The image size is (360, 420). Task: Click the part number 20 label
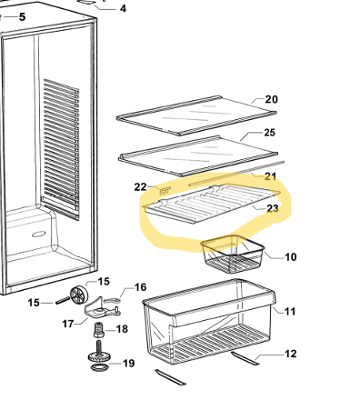(x=271, y=99)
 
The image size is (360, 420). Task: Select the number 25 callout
(x=269, y=133)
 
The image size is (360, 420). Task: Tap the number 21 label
(x=270, y=176)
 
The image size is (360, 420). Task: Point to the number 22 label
(x=140, y=187)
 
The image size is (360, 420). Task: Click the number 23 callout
(x=273, y=208)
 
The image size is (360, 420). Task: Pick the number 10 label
(x=291, y=257)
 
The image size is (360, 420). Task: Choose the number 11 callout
(x=290, y=312)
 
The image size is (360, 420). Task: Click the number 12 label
(x=290, y=354)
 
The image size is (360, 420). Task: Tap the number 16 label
(x=140, y=287)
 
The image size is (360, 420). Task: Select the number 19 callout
(x=128, y=363)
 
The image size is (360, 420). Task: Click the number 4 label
(x=123, y=8)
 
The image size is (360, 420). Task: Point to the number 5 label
(x=22, y=17)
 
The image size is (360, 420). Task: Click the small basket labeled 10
(x=233, y=254)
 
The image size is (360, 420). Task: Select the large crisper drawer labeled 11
(x=209, y=322)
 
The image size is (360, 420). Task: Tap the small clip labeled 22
(x=165, y=191)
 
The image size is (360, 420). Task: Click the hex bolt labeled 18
(x=99, y=330)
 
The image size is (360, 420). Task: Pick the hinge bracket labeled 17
(x=101, y=308)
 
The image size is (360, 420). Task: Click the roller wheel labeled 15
(x=79, y=294)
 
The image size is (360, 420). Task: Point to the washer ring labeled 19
(x=100, y=368)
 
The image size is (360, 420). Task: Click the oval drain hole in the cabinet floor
(x=39, y=234)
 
